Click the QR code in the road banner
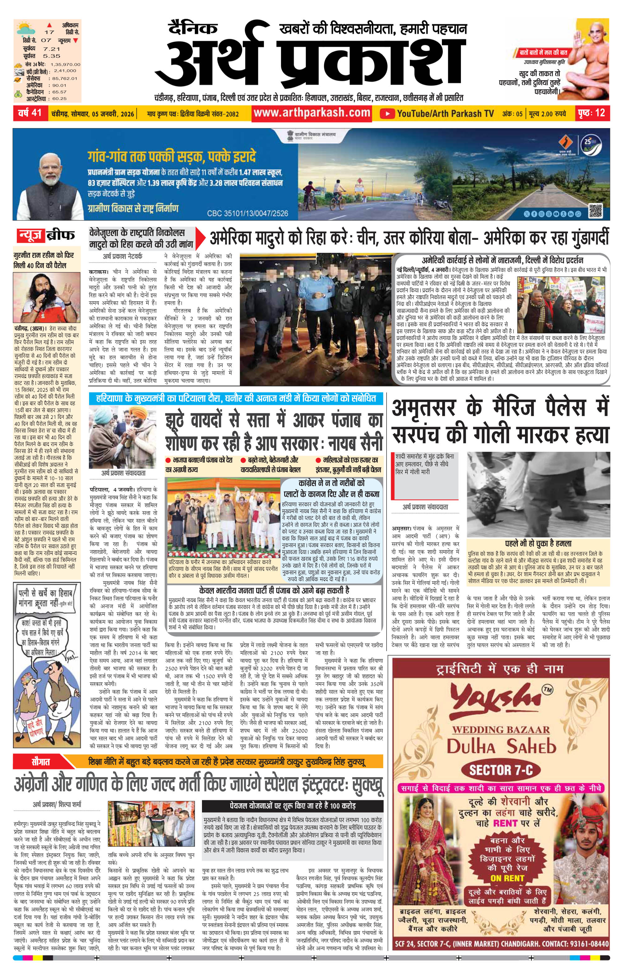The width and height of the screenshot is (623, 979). pyautogui.click(x=595, y=210)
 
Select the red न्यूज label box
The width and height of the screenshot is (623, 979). pyautogui.click(x=30, y=235)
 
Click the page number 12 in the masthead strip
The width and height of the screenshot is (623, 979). pyautogui.click(x=600, y=113)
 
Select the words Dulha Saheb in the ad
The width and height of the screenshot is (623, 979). pyautogui.click(x=501, y=746)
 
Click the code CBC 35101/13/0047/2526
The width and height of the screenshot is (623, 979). pyautogui.click(x=247, y=213)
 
